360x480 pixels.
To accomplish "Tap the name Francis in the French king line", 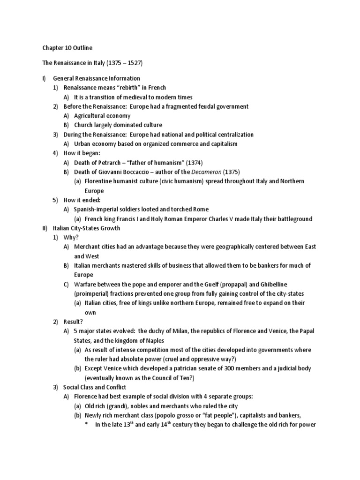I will click(x=130, y=219).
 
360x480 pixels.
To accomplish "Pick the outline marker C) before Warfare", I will click(x=66, y=285).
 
